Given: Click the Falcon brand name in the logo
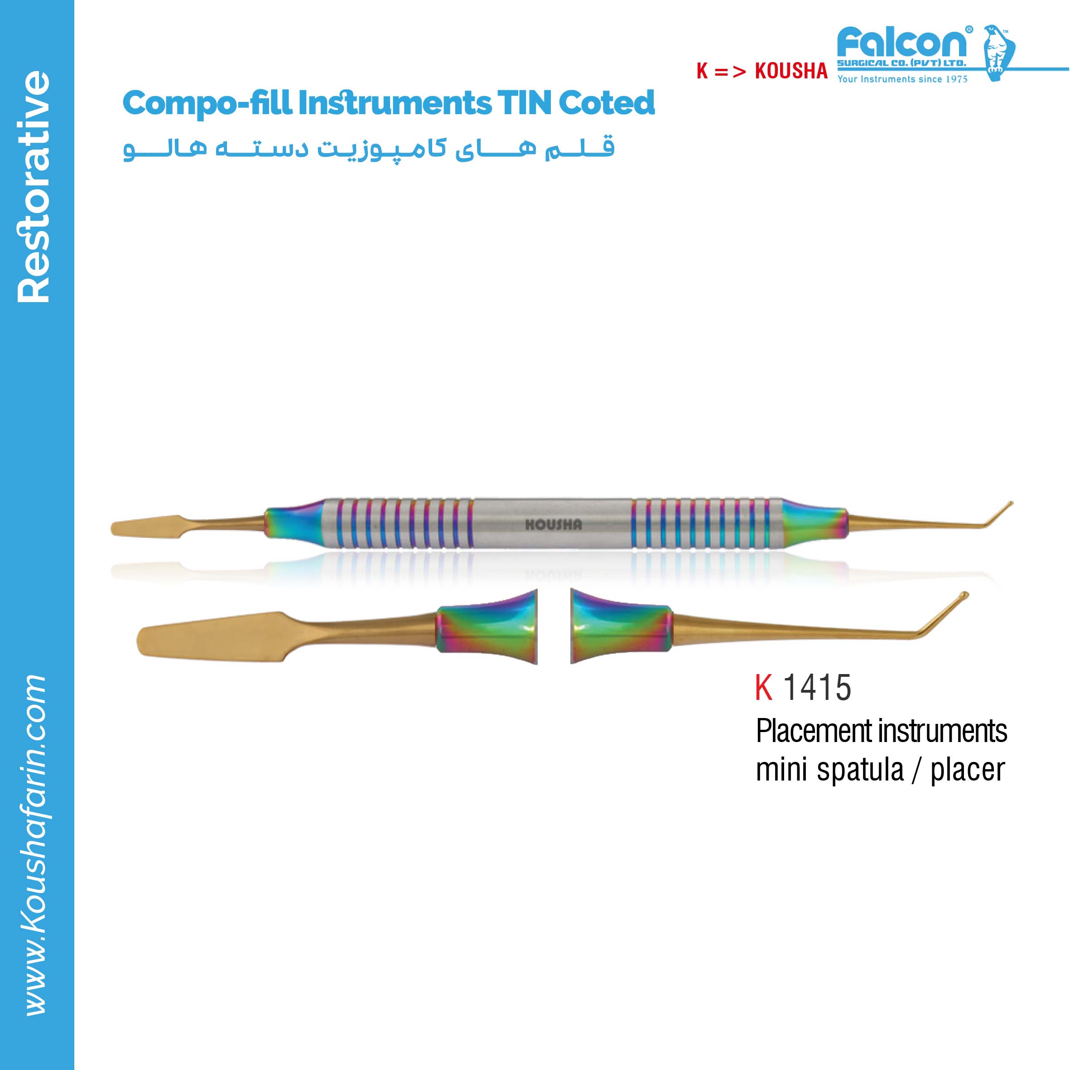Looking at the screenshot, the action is (903, 42).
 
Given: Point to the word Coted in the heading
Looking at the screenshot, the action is (607, 103).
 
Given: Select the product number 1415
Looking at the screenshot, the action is (817, 688).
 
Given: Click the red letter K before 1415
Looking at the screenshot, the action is (764, 688).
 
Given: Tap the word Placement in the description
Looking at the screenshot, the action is (814, 732).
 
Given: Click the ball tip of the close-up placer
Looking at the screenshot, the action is (964, 596).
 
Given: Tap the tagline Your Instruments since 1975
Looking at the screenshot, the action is (902, 79).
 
